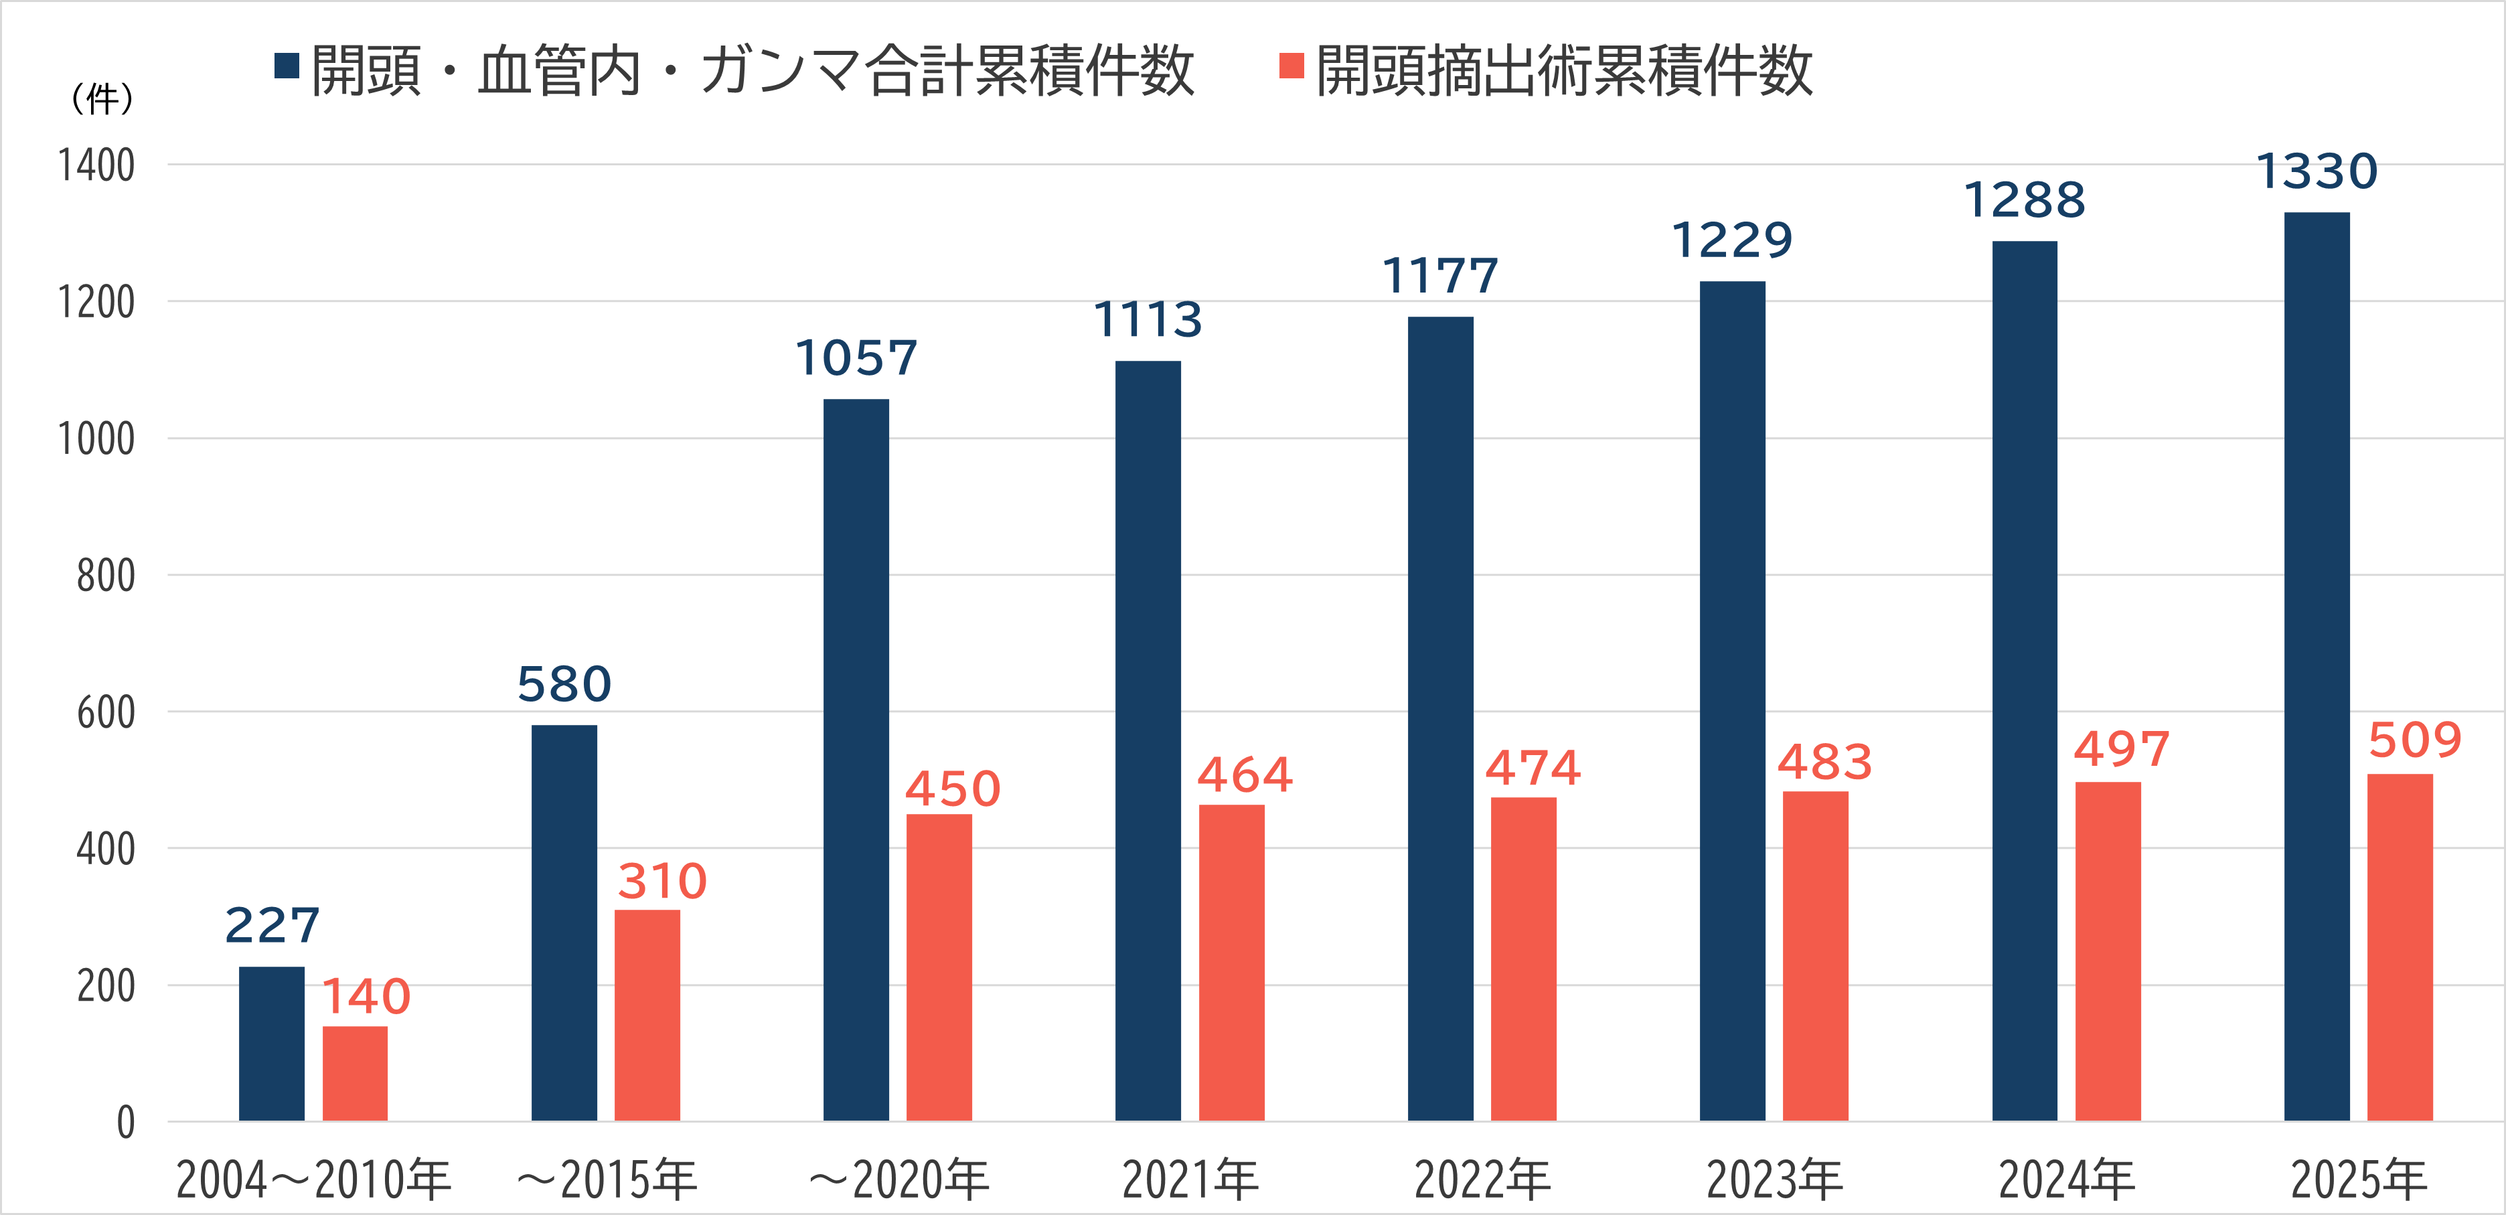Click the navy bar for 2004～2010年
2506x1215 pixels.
[x=271, y=1043]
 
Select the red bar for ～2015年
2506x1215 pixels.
[x=647, y=1015]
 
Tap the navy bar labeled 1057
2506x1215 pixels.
[x=856, y=758]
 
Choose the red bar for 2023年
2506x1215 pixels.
[x=1815, y=955]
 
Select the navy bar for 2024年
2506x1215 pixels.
[x=2025, y=680]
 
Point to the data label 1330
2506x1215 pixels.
[x=2317, y=172]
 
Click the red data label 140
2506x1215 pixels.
[x=366, y=996]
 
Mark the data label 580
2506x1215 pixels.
[x=564, y=684]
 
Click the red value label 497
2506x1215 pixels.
[x=2122, y=749]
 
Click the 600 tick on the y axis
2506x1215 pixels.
[x=106, y=712]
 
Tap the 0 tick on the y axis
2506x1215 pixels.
[x=125, y=1123]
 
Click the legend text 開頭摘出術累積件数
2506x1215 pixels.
[x=1563, y=70]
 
